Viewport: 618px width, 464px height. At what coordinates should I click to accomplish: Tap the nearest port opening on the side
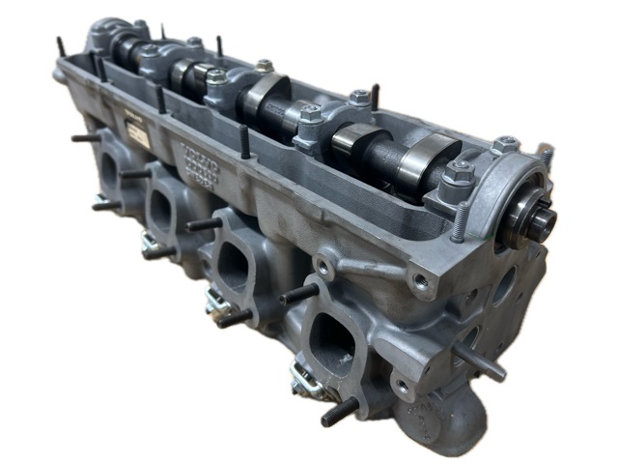pyautogui.click(x=334, y=333)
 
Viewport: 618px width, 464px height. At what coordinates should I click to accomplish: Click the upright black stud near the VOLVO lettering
pyautogui.click(x=245, y=143)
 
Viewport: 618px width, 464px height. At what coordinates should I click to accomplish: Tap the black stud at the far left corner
pyautogui.click(x=60, y=46)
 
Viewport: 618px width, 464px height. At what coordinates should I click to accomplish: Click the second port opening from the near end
pyautogui.click(x=235, y=262)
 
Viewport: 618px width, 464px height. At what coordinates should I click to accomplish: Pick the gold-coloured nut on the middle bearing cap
pyautogui.click(x=264, y=66)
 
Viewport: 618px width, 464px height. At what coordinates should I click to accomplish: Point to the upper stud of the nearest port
pyautogui.click(x=297, y=293)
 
